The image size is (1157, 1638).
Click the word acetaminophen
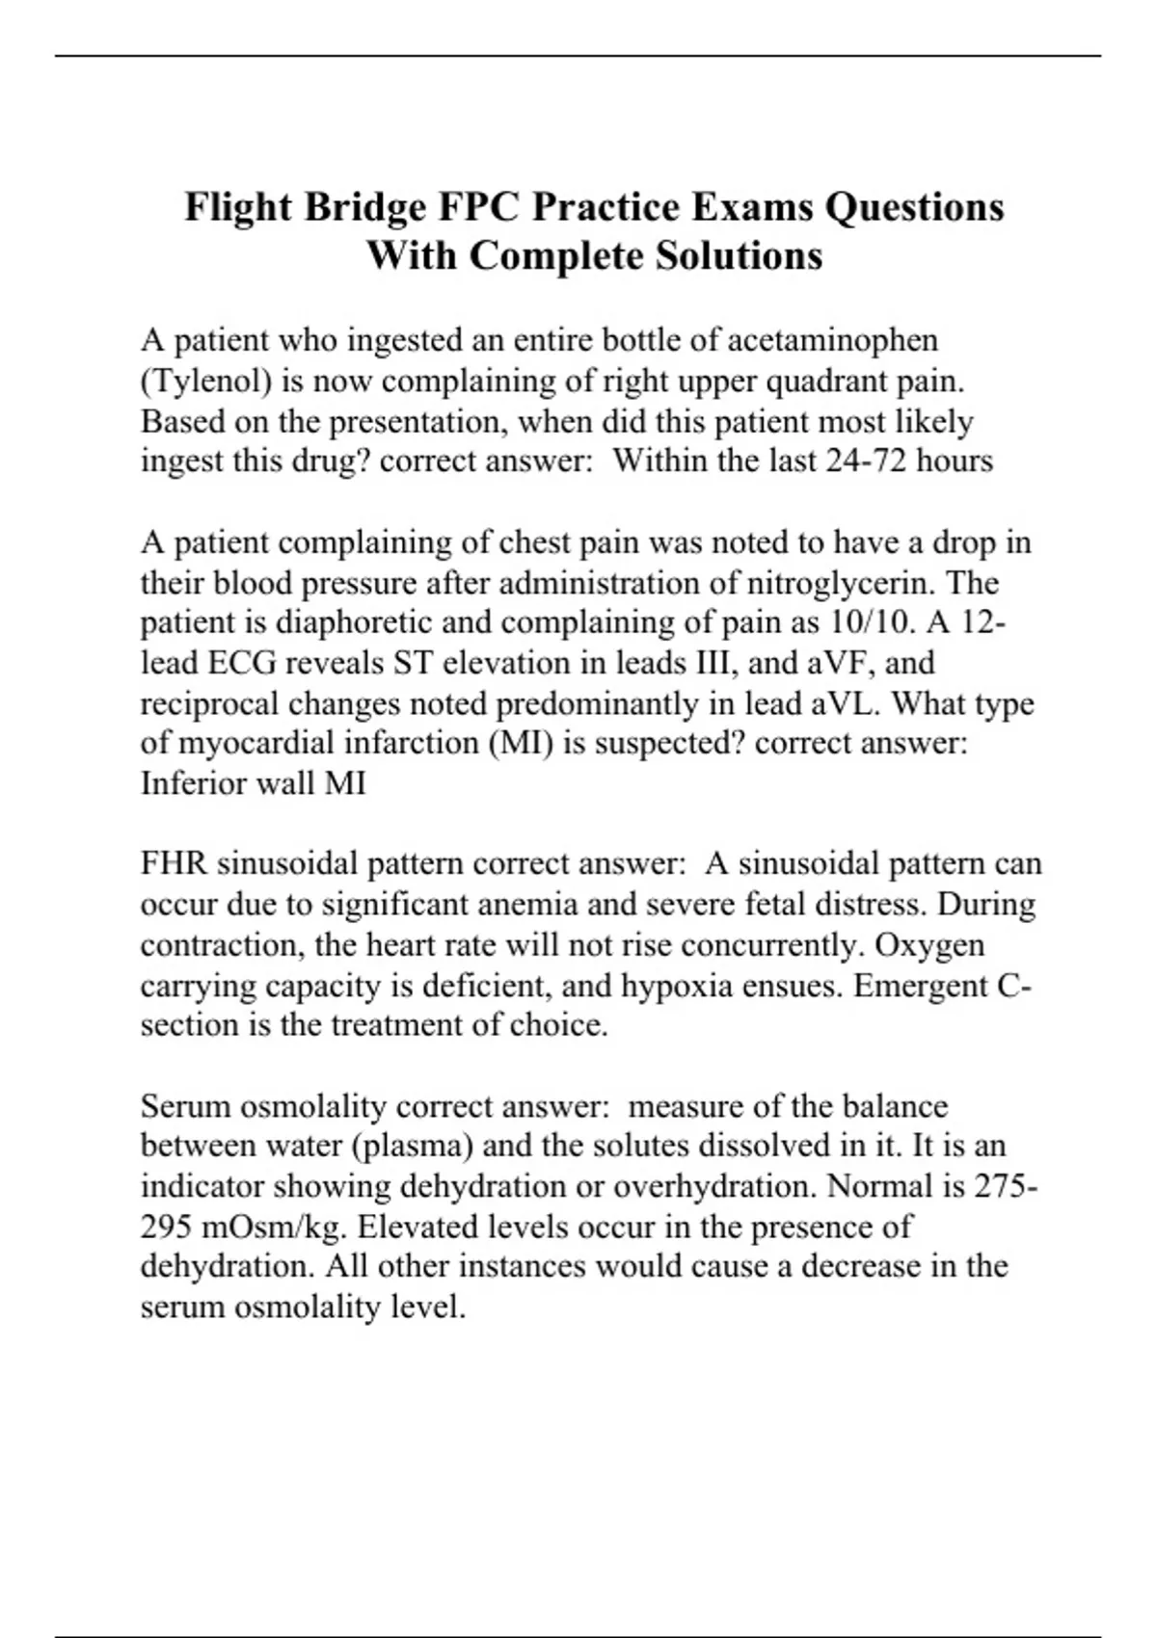832,340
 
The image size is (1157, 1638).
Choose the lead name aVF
839,663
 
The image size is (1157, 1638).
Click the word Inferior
194,783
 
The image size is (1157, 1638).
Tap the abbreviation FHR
174,863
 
